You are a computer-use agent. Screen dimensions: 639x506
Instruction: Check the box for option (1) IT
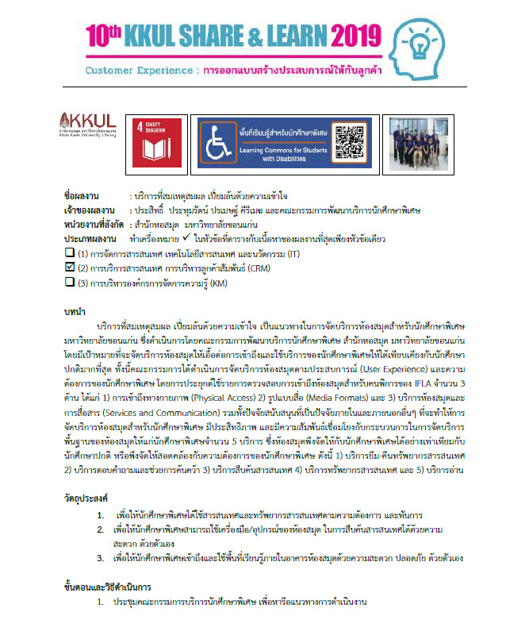pyautogui.click(x=69, y=253)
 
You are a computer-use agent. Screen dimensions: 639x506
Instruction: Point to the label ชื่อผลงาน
pyautogui.click(x=83, y=194)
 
